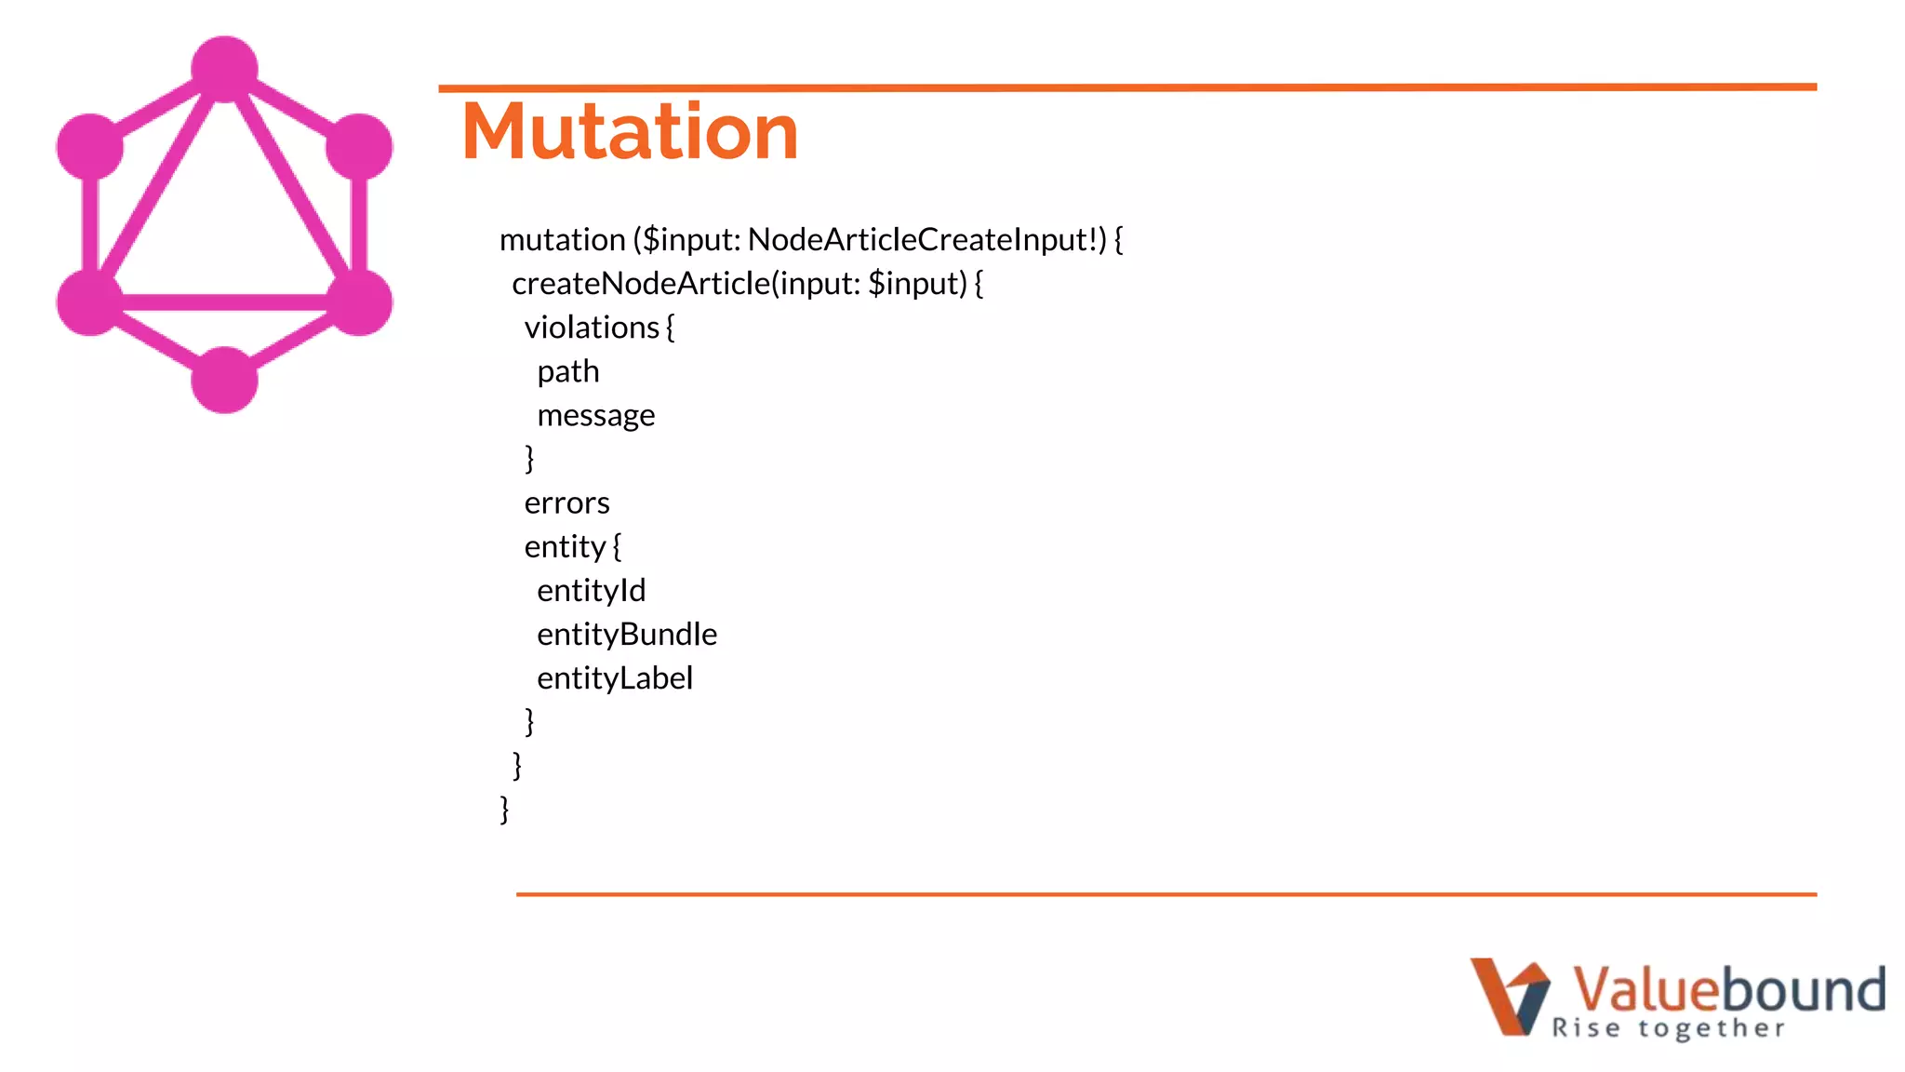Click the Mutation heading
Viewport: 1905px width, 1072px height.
pos(630,132)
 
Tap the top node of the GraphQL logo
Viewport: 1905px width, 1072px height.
pos(224,69)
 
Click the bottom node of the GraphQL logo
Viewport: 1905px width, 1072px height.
pos(224,380)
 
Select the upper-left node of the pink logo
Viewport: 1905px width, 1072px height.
pos(90,147)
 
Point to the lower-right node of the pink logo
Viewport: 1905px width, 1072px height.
pos(359,301)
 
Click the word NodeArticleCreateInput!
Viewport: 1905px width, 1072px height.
pos(926,240)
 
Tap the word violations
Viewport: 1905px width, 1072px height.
pos(592,328)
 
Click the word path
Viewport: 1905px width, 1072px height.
pos(568,372)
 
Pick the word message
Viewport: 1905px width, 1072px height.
pos(596,415)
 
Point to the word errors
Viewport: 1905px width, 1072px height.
pos(566,503)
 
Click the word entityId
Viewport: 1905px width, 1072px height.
pos(591,591)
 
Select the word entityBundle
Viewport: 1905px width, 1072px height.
pos(627,635)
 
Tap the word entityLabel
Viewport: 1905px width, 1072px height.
pos(615,678)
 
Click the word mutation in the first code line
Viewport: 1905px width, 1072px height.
pos(562,240)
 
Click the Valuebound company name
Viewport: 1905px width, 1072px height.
pos(1728,988)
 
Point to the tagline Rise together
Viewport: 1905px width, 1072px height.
pos(1669,1028)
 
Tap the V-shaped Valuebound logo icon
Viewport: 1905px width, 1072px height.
pos(1510,996)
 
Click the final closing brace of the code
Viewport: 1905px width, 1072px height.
pos(505,809)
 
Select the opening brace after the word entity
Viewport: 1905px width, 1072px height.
pos(617,546)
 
